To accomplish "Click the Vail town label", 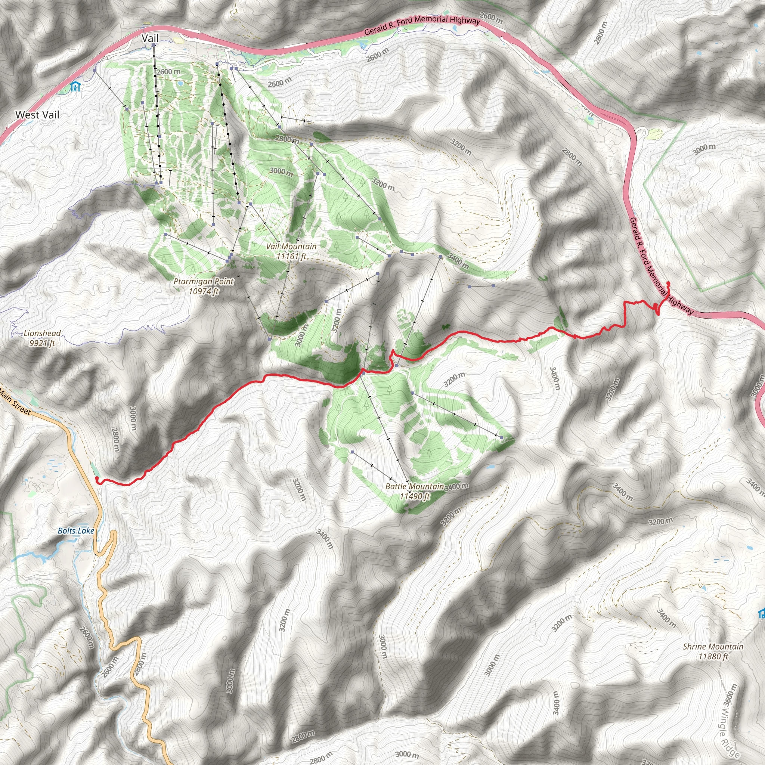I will [x=150, y=38].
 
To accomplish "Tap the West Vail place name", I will [x=37, y=115].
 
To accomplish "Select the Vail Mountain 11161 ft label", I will [x=291, y=251].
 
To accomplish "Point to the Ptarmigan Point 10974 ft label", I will [x=204, y=286].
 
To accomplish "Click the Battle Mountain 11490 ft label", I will [x=415, y=491].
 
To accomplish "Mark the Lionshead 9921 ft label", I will [x=42, y=338].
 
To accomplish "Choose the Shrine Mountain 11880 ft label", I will [x=713, y=651].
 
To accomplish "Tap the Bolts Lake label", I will [x=75, y=530].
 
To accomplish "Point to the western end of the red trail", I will [x=97, y=479].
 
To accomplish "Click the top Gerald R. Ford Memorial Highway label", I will [x=422, y=25].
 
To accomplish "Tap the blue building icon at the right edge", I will [x=761, y=614].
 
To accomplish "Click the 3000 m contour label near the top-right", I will [x=704, y=149].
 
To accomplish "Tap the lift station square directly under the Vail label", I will [x=154, y=46].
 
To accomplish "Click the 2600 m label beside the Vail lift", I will [x=169, y=72].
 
